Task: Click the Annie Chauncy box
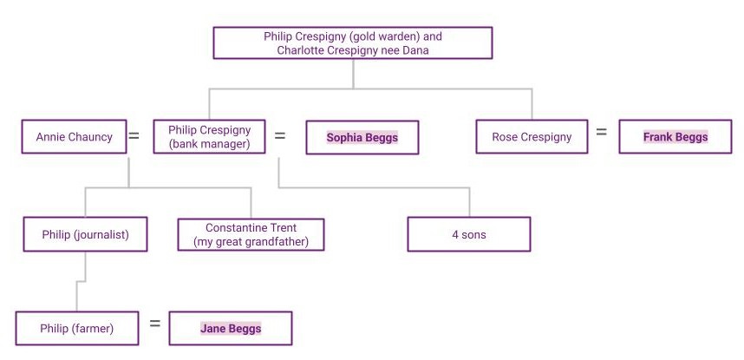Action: pyautogui.click(x=74, y=137)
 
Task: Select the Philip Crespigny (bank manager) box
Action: pyautogui.click(x=209, y=137)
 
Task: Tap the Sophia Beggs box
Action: pyautogui.click(x=362, y=137)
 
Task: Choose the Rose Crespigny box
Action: pyautogui.click(x=531, y=137)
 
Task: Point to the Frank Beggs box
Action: pyautogui.click(x=675, y=137)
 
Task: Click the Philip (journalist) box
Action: pyautogui.click(x=85, y=234)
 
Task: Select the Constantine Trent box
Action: pyautogui.click(x=251, y=234)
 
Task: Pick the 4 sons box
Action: pyautogui.click(x=468, y=234)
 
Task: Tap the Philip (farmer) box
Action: pyautogui.click(x=76, y=329)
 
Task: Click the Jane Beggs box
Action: pyautogui.click(x=230, y=329)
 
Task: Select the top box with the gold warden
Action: pyautogui.click(x=352, y=43)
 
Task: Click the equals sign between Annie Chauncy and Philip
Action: pyautogui.click(x=134, y=136)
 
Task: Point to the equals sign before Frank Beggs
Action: pyautogui.click(x=601, y=134)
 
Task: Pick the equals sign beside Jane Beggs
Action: pyautogui.click(x=155, y=324)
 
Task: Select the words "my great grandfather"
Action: pyautogui.click(x=251, y=242)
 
